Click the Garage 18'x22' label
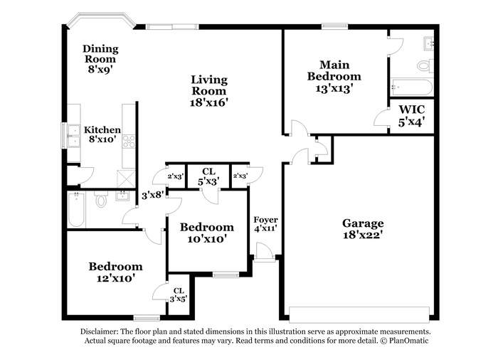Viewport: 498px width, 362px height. (x=363, y=228)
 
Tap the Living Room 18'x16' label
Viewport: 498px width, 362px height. (x=209, y=91)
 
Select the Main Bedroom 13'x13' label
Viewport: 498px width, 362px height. (x=334, y=77)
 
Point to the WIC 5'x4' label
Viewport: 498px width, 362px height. (x=412, y=116)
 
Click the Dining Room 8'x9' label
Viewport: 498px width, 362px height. (x=100, y=59)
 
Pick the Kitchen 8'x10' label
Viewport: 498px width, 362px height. (x=102, y=134)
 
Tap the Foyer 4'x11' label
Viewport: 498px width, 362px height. (x=265, y=224)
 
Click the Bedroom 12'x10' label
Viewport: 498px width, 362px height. (x=115, y=272)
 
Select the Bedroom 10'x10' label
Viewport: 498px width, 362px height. (x=207, y=233)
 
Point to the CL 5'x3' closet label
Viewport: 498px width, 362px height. (x=208, y=176)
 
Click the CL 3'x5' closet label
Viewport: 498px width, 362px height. (x=179, y=295)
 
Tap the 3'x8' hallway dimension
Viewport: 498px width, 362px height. (x=153, y=195)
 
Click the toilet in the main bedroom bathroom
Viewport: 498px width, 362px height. (x=425, y=65)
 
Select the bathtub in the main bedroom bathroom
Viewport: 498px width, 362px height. (x=412, y=87)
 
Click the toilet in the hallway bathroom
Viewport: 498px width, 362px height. (x=101, y=199)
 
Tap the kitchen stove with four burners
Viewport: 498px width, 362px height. (x=129, y=142)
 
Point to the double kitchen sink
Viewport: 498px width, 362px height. (x=73, y=137)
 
